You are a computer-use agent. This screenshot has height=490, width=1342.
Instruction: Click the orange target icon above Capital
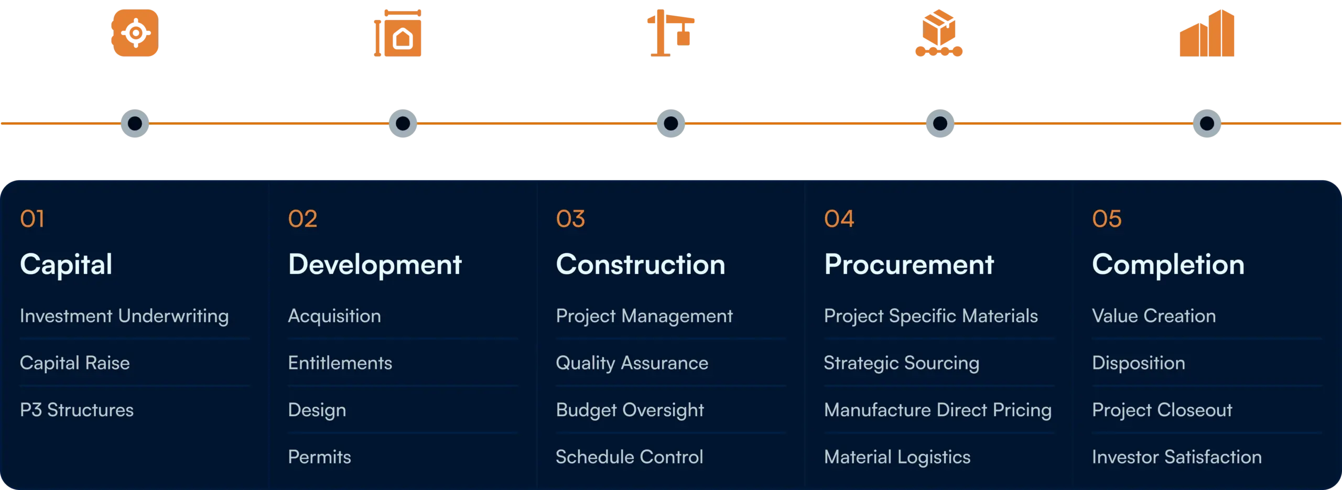pos(135,32)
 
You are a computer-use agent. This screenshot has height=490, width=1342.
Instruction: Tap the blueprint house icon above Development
pos(398,32)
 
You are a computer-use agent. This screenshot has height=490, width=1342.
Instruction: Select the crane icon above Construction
pos(671,32)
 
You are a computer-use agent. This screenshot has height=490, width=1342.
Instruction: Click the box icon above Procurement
pos(939,32)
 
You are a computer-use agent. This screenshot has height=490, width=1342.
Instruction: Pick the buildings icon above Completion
pos(1207,32)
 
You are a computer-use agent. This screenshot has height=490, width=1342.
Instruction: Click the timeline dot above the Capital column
pos(135,123)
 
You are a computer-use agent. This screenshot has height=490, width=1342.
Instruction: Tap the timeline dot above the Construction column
pos(671,123)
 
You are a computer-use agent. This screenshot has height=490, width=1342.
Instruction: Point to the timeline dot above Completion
pos(1207,123)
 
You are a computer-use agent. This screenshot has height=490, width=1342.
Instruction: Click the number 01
pos(32,219)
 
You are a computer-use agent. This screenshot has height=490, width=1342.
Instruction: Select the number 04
pos(839,219)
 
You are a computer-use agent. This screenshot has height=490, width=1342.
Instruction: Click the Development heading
pos(375,265)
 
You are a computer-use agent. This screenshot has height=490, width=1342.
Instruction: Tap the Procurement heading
pos(909,264)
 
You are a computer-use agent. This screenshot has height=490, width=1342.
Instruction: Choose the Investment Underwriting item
pos(124,316)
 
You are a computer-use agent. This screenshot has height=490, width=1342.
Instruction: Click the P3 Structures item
pos(77,410)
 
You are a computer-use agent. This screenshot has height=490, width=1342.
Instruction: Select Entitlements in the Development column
pos(340,363)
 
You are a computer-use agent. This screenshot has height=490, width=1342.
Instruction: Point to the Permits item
pos(319,457)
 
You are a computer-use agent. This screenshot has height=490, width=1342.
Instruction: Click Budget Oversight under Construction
pos(630,410)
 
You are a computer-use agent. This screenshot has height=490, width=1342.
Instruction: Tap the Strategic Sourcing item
pos(901,363)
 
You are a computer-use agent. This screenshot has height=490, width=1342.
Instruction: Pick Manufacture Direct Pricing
pos(938,410)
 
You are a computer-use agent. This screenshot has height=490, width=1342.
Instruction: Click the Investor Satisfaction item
pos(1177,457)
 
